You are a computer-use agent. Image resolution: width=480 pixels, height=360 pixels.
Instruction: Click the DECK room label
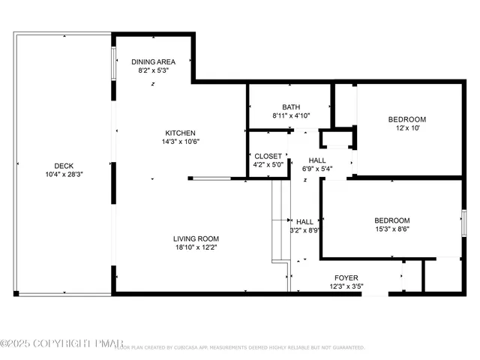point(63,166)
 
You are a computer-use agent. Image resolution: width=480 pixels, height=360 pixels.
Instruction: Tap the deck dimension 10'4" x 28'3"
point(63,175)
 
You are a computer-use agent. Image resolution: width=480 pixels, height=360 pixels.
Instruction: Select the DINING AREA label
point(154,61)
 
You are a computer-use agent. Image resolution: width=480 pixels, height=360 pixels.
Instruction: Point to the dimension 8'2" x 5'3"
point(154,70)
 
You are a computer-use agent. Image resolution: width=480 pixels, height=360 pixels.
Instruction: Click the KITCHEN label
point(181,132)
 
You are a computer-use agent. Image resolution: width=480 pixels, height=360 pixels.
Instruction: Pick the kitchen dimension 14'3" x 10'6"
point(181,141)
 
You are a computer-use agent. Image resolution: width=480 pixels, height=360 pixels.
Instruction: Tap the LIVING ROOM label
point(196,238)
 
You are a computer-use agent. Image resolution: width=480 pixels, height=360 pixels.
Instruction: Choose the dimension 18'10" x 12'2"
point(196,247)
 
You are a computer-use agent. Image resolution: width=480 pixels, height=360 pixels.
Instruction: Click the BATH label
point(291,106)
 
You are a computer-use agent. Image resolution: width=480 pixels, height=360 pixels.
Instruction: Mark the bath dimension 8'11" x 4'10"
point(291,115)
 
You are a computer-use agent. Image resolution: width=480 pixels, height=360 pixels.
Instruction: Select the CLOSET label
point(268,156)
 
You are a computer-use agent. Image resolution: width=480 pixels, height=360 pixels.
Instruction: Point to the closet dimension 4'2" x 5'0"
point(268,165)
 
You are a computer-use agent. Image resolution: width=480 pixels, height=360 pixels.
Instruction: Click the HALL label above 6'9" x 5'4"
point(317,160)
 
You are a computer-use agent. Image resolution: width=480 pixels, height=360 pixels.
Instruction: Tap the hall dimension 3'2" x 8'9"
point(304,231)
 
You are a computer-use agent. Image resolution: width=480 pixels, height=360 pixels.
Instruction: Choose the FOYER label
point(346,277)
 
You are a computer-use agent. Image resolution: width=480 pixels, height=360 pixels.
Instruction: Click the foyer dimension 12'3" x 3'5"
point(346,286)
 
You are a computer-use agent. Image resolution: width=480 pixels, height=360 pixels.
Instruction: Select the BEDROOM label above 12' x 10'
point(406,119)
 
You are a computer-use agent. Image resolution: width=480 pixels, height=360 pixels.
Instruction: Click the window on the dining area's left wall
point(114,64)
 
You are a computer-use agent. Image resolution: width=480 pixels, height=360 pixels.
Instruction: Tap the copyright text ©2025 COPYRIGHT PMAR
point(60,343)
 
